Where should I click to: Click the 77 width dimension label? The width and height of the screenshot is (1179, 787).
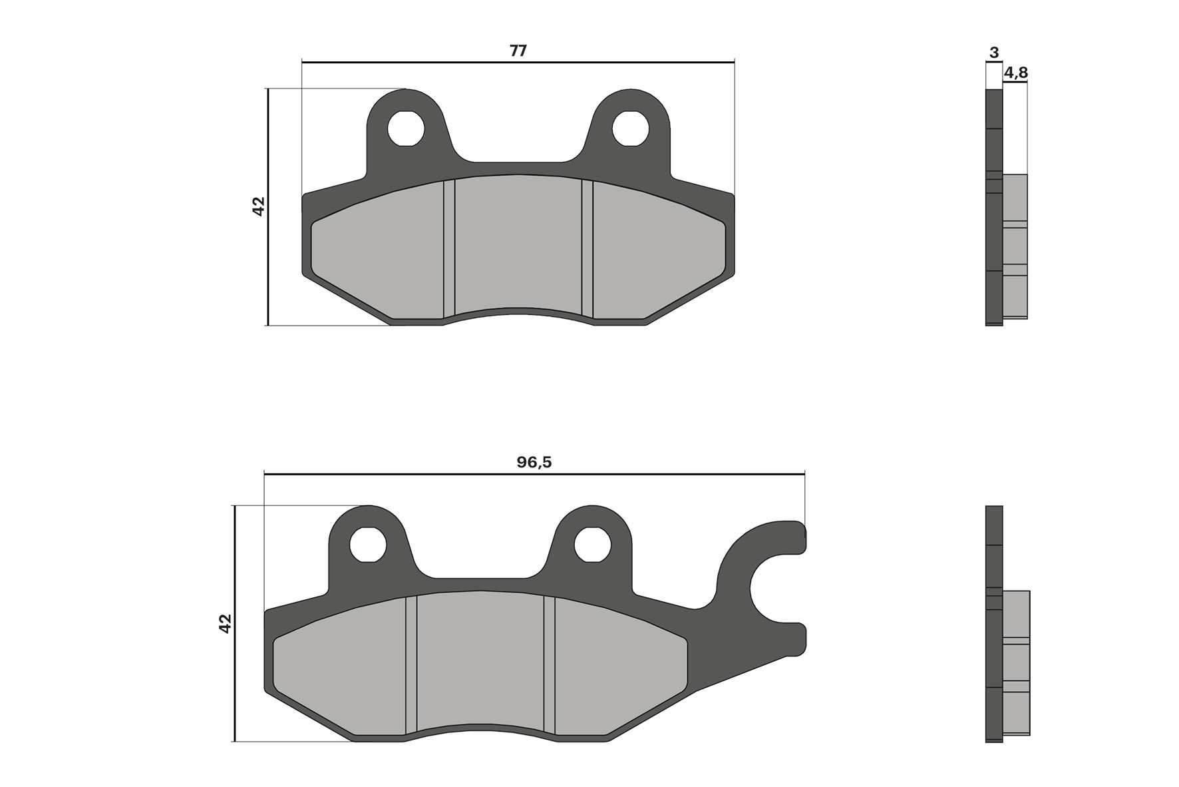tap(518, 51)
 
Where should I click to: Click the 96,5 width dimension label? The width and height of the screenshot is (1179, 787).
tap(534, 462)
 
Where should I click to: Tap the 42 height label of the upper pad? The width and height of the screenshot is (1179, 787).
tap(258, 206)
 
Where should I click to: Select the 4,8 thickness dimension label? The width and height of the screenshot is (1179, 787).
tap(1015, 72)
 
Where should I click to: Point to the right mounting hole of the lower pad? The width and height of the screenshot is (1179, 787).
tap(593, 545)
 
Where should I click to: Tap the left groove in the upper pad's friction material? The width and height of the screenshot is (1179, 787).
tap(448, 248)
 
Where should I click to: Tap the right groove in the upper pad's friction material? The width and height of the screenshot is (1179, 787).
tap(587, 248)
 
